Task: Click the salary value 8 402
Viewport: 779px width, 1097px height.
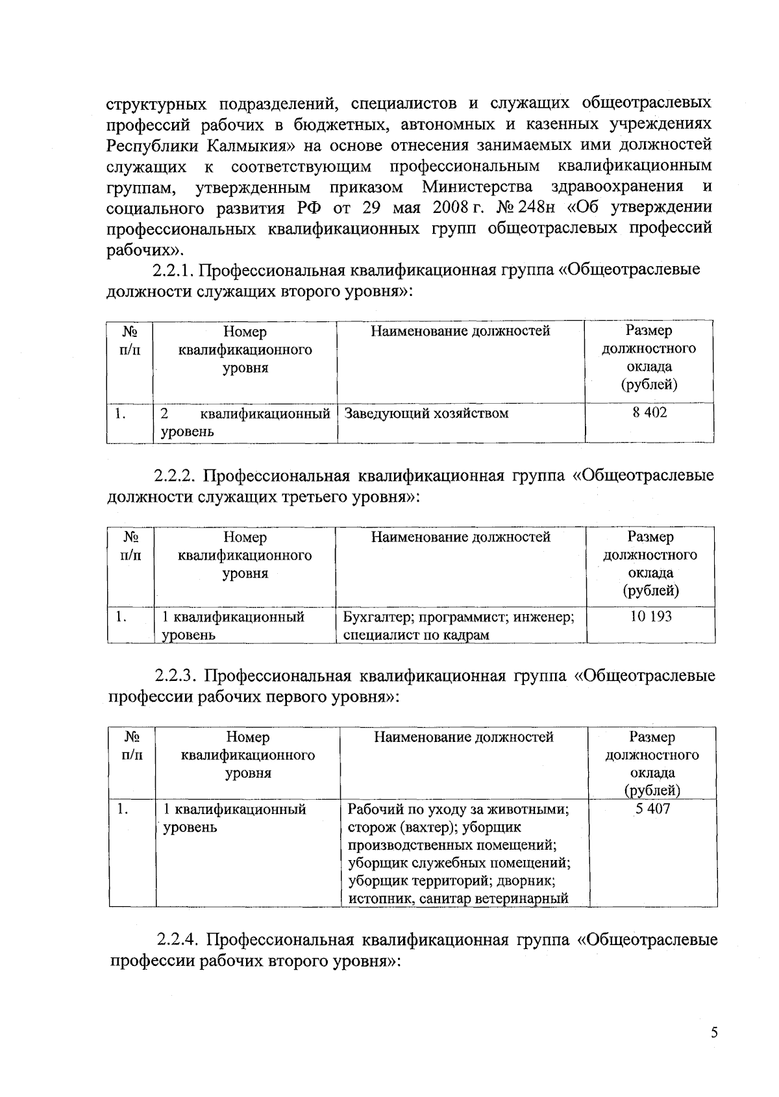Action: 649,413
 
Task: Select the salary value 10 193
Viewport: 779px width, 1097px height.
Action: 650,617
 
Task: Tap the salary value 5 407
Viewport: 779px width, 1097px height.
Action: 652,809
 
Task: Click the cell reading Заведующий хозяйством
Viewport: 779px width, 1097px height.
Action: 426,413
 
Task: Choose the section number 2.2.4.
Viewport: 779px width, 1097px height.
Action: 179,941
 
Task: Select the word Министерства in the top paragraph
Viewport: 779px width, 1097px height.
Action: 478,187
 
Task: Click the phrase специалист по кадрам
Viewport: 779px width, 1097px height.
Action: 415,635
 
